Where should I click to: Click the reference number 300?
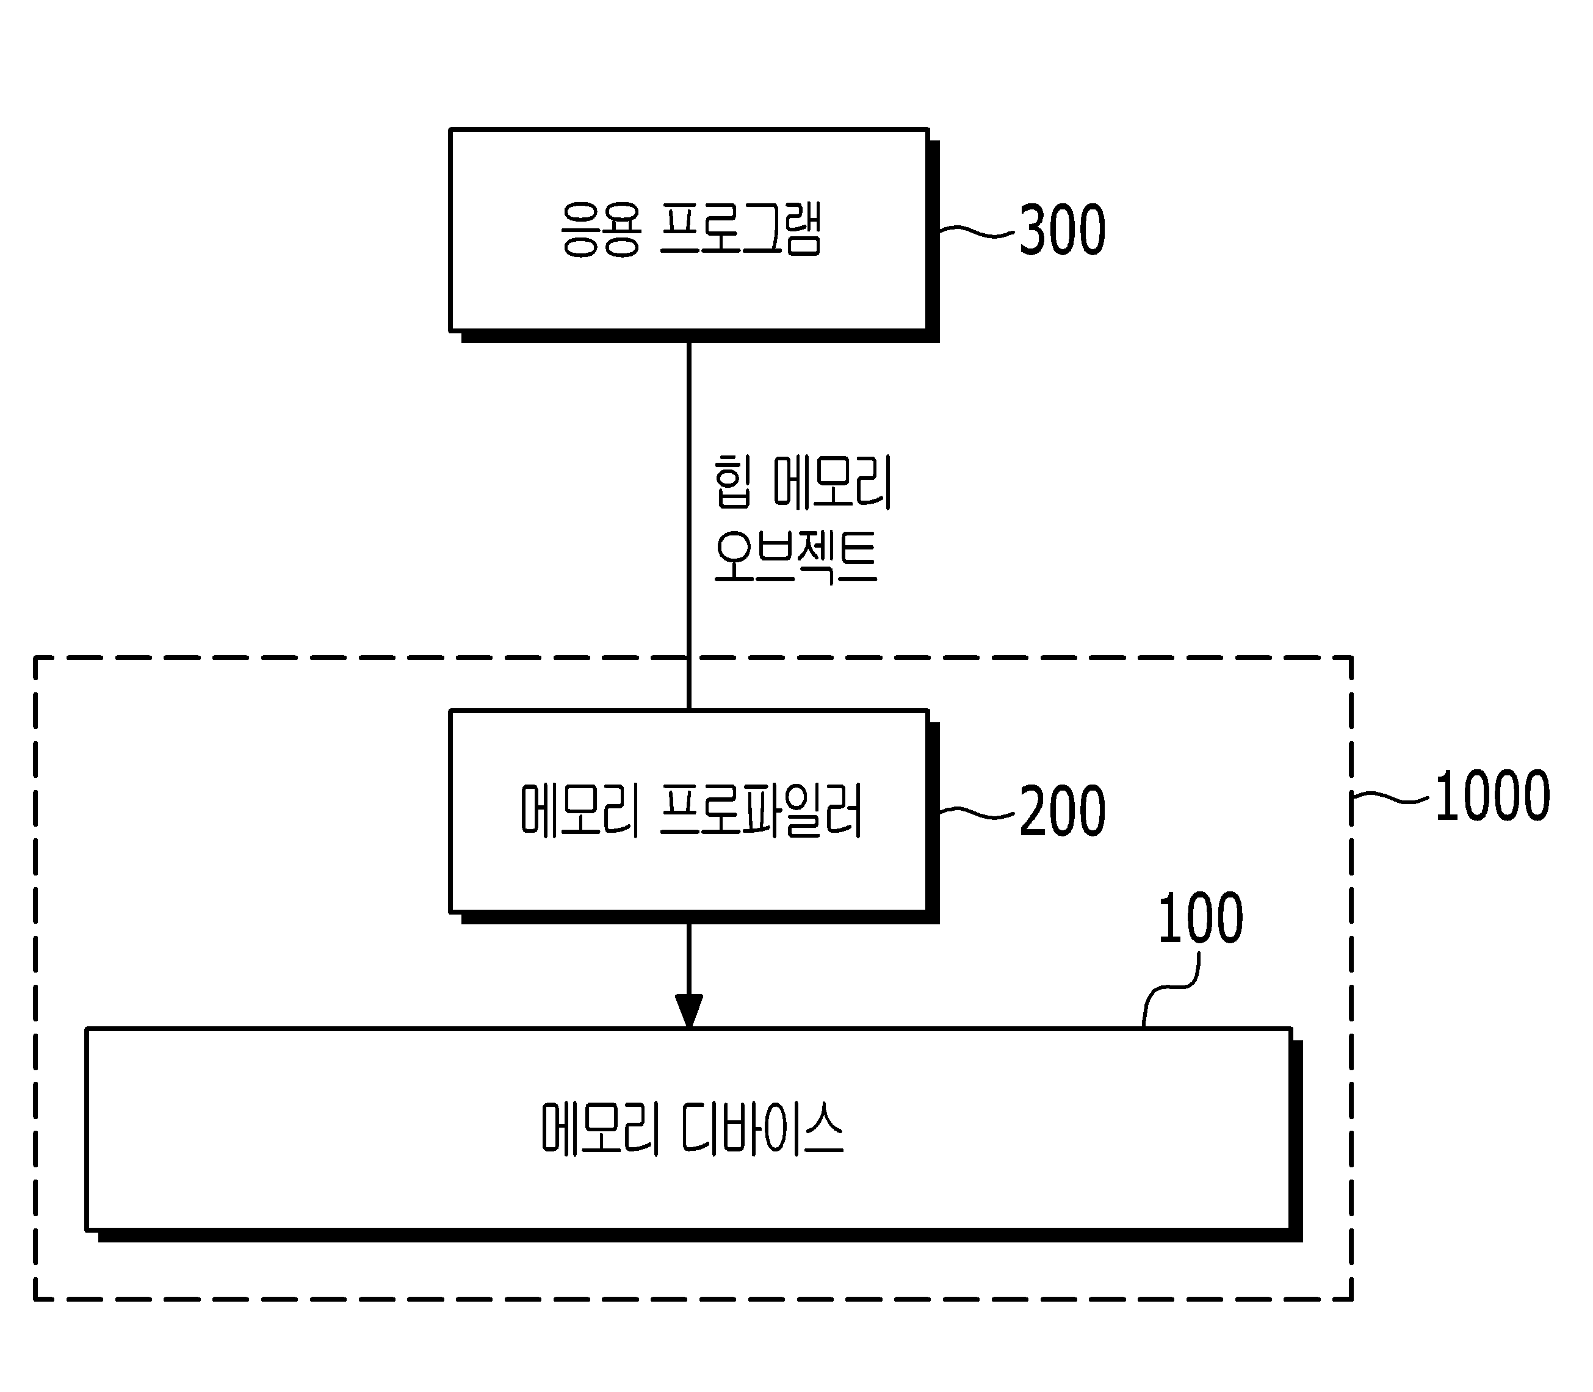tap(1062, 230)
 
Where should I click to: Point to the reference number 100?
tap(1200, 918)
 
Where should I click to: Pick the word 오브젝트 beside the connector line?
tap(795, 556)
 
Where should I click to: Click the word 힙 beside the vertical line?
tap(733, 482)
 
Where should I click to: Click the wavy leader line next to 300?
tap(977, 231)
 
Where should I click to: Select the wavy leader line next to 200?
tap(977, 812)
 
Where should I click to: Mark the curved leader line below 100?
tap(1171, 987)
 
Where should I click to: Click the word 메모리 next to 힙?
tap(833, 482)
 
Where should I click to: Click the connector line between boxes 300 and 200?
tap(689, 526)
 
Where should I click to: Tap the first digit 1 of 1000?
tap(1445, 796)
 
